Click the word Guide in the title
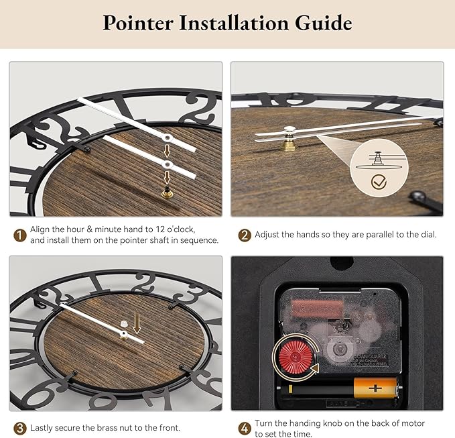[323, 23]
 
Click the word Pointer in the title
[138, 23]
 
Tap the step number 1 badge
[20, 235]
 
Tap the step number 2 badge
[245, 235]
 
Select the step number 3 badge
[20, 429]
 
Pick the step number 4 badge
[245, 429]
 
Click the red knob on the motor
[296, 357]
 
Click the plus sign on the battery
[375, 388]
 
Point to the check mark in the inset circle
[379, 182]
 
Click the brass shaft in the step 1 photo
[167, 193]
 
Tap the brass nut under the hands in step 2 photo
[289, 145]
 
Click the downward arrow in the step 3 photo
[137, 323]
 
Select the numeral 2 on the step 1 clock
[198, 107]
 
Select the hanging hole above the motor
[342, 263]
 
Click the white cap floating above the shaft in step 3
[124, 323]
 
